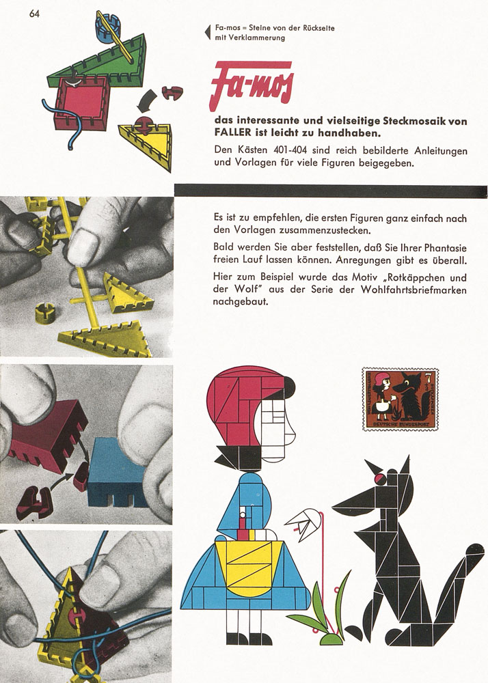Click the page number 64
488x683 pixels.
coord(34,14)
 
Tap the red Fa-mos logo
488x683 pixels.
coord(252,85)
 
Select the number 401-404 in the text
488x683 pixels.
coord(290,151)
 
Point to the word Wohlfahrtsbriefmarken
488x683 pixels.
coord(414,290)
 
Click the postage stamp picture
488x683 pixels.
coord(400,400)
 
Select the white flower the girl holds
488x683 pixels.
coord(303,525)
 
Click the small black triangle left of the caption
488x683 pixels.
coord(207,33)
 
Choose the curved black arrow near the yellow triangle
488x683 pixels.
coord(146,101)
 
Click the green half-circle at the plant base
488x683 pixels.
coord(332,639)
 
